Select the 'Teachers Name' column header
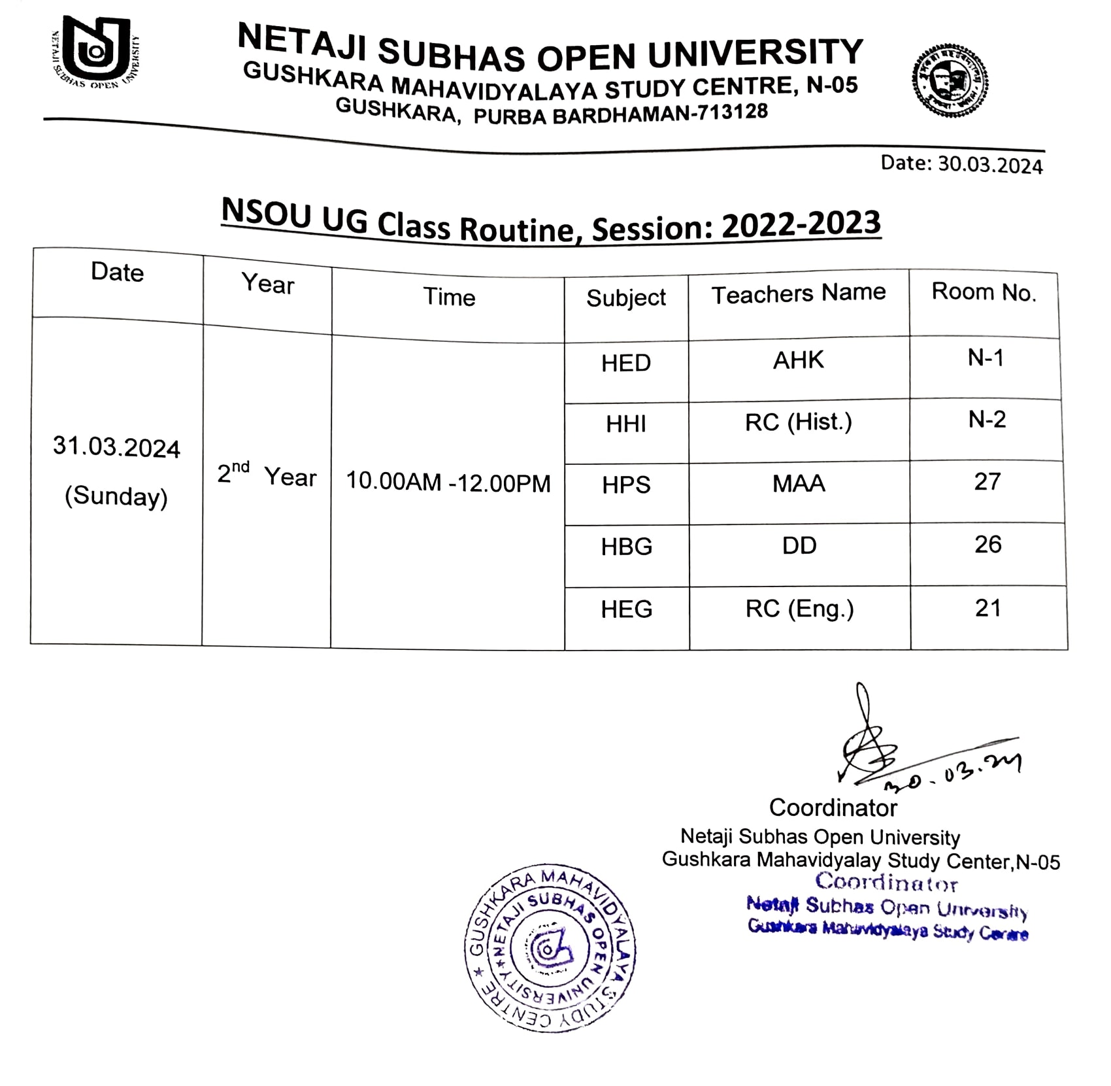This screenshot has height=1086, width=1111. (x=798, y=294)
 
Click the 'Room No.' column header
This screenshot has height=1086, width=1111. (x=984, y=292)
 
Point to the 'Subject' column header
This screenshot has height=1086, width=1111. (x=625, y=298)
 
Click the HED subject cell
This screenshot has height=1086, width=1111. (x=625, y=364)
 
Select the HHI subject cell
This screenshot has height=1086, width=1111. (x=625, y=424)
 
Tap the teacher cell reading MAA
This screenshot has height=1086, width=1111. (x=799, y=484)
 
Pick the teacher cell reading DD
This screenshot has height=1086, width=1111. (x=799, y=546)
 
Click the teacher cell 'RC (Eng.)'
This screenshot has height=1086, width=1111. (x=799, y=609)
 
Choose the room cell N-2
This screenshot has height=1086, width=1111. (x=987, y=420)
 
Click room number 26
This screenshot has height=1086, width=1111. (x=987, y=545)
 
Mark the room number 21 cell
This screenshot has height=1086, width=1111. (x=987, y=609)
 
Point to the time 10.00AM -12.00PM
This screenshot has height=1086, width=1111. (x=448, y=483)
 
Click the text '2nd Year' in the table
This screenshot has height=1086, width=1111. (x=266, y=475)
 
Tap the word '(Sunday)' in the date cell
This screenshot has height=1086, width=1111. (x=116, y=497)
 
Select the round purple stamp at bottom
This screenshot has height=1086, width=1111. (x=550, y=947)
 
